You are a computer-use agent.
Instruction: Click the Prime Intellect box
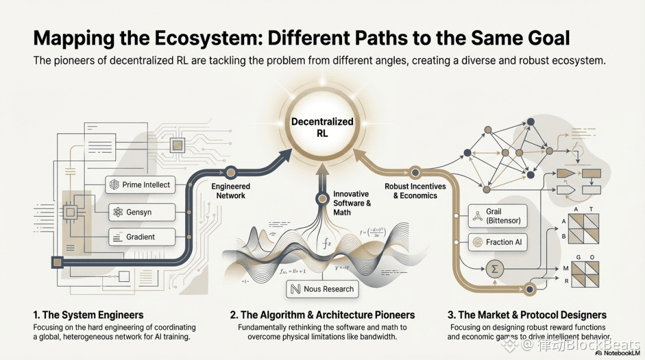(140, 185)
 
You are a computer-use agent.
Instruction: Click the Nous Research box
(322, 289)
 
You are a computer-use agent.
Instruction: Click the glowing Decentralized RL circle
(322, 128)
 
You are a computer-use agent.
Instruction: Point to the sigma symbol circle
(494, 269)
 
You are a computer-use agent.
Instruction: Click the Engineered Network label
(231, 191)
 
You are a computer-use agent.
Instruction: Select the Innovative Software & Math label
(351, 203)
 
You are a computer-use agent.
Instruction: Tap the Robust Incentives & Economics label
(414, 191)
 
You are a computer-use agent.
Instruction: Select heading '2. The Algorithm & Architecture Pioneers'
(322, 315)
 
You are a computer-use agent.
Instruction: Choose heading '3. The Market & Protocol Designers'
(527, 315)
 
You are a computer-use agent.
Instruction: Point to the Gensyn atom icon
(117, 212)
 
